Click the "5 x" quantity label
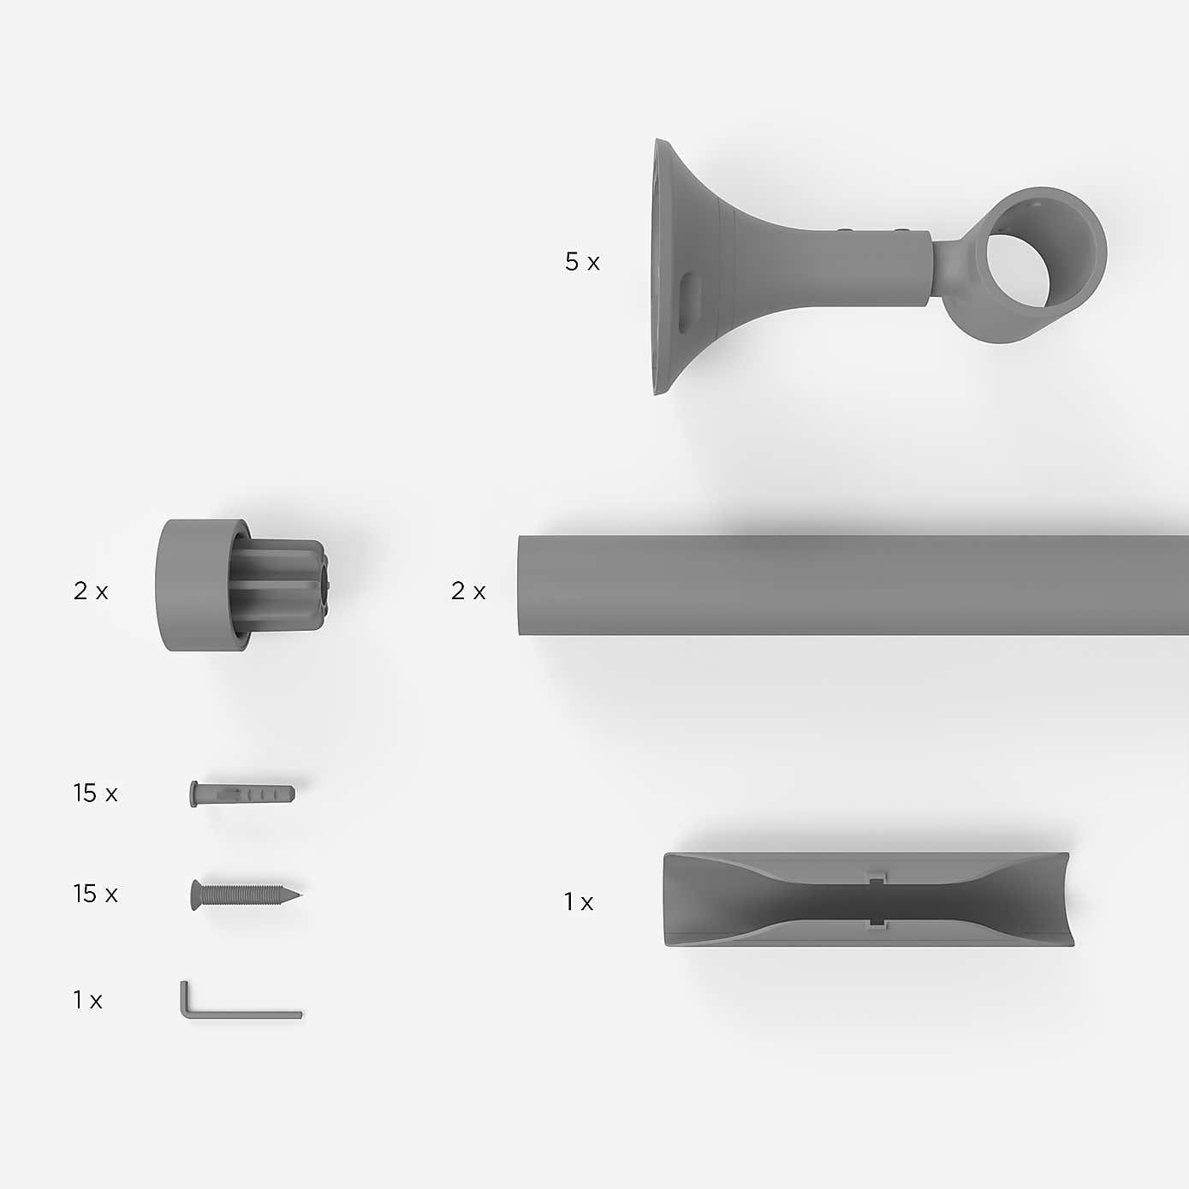click(582, 262)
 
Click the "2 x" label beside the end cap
click(91, 591)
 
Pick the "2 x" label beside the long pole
click(468, 591)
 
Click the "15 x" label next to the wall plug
click(95, 794)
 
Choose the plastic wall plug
click(242, 794)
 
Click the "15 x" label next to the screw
click(95, 894)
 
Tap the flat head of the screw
click(196, 895)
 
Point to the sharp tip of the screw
click(298, 896)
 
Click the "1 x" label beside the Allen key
click(87, 1000)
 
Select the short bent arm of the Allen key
click(185, 997)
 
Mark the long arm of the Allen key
click(248, 1014)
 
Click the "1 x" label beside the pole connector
click(578, 901)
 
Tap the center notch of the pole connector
click(875, 900)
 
